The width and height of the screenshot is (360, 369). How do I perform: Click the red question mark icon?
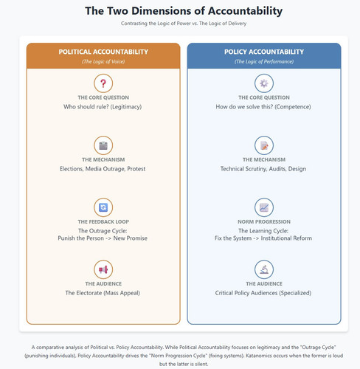(103, 83)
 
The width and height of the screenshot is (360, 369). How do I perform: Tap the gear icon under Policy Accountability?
(264, 83)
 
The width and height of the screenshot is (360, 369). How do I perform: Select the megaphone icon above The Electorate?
(103, 269)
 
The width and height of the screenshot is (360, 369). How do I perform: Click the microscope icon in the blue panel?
(264, 269)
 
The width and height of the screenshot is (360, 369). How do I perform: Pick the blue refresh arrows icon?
(103, 207)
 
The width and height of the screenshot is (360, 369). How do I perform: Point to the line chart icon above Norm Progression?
(264, 207)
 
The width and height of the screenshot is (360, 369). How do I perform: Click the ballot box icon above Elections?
(103, 145)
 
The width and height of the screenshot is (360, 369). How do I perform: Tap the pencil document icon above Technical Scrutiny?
(264, 145)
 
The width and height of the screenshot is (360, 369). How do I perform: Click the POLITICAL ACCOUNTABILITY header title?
(103, 52)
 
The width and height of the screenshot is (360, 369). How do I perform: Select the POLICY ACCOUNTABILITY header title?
(264, 52)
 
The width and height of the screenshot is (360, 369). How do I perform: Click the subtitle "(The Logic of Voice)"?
(103, 61)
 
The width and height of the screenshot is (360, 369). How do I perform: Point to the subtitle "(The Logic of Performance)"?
(264, 61)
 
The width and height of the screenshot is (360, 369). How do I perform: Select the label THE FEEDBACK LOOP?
(103, 221)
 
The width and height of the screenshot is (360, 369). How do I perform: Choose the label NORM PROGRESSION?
(264, 221)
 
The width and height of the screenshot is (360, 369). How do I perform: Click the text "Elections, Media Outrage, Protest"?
(103, 169)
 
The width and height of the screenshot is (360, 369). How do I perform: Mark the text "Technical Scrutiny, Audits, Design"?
(263, 169)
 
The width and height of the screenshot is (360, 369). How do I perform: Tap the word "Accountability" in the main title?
(245, 11)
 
